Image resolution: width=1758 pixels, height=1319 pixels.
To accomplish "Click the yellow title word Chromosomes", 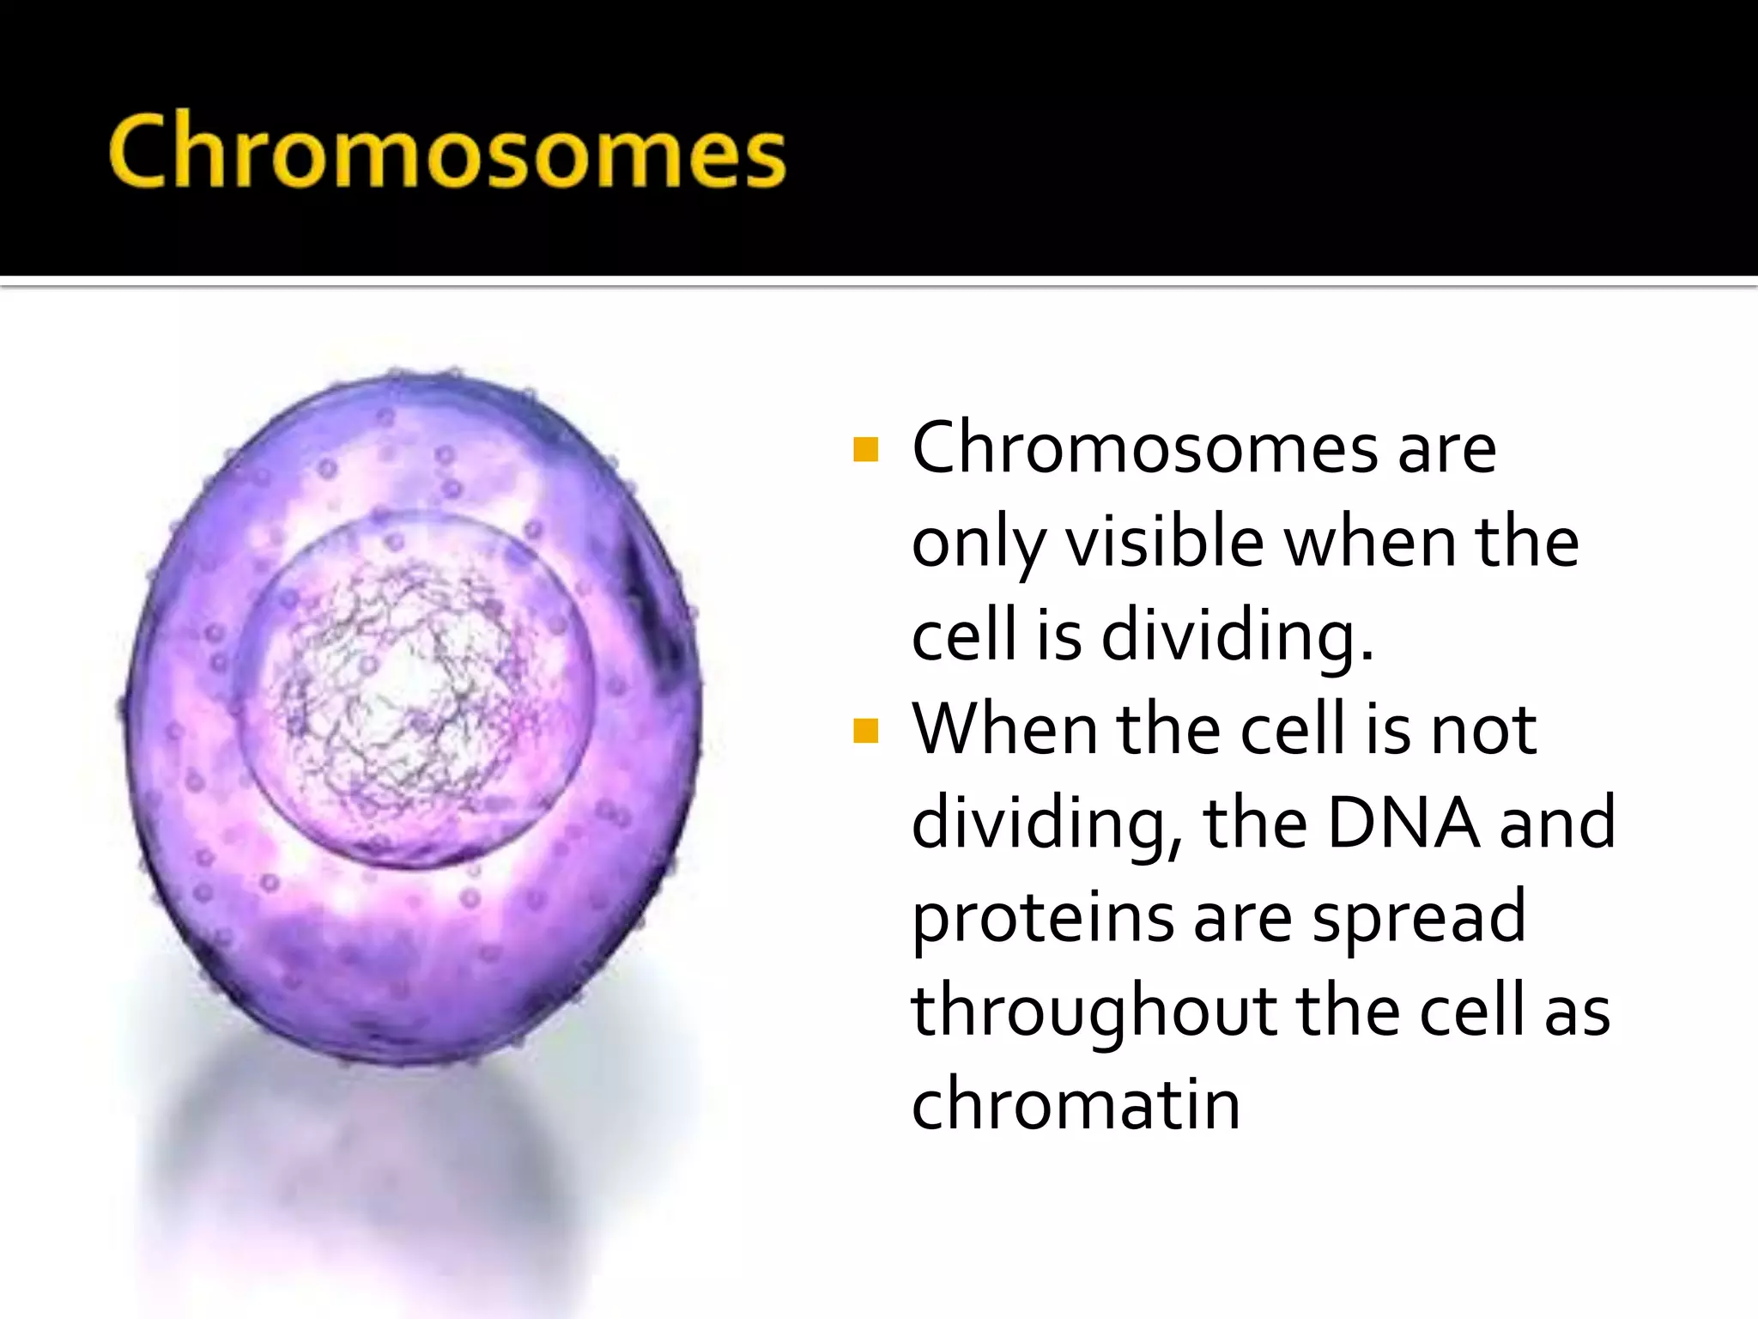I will pyautogui.click(x=446, y=152).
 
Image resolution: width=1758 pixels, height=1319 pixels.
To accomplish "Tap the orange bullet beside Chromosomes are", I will pyautogui.click(x=866, y=449).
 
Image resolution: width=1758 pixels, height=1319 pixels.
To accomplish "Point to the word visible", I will pyautogui.click(x=1165, y=543).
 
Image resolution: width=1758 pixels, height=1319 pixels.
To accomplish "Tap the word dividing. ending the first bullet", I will pyautogui.click(x=1236, y=636).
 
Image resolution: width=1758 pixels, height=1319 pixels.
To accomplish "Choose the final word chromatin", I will pyautogui.click(x=1076, y=1104).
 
